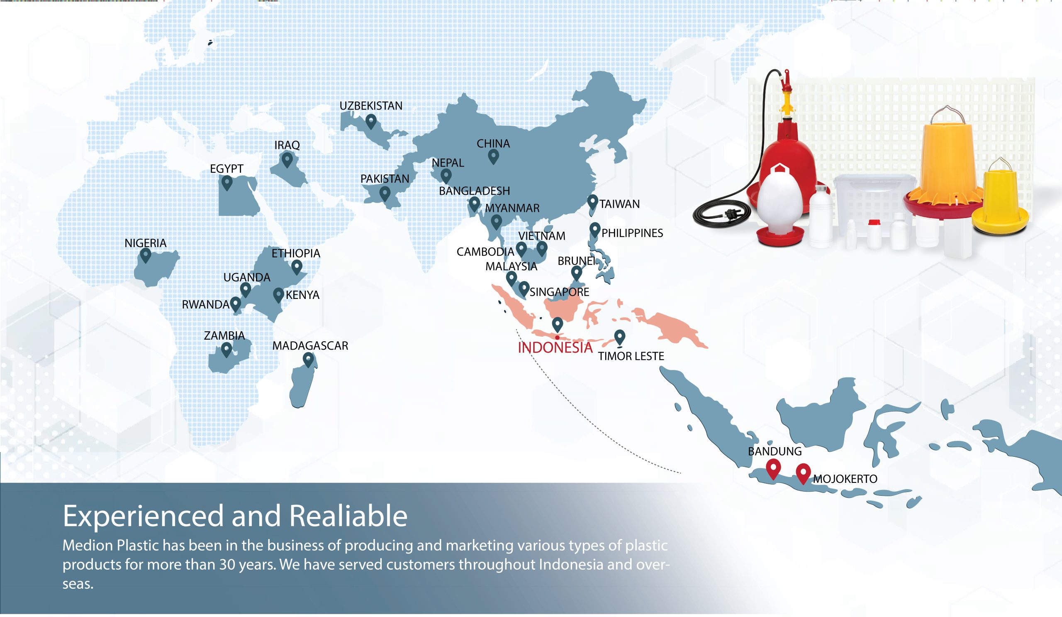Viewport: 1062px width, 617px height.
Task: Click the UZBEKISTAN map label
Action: coord(371,106)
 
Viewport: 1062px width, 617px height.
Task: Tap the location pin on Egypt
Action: coord(227,183)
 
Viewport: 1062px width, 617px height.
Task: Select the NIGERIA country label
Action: coord(145,243)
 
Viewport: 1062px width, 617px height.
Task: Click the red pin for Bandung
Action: coord(773,469)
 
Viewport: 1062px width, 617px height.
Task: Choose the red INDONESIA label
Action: coord(555,348)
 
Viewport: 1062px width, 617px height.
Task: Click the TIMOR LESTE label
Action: coord(631,356)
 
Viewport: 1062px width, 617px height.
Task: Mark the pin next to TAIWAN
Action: coord(592,203)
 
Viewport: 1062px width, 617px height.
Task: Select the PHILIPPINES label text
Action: coord(632,233)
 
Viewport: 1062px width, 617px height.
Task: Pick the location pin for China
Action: coord(494,157)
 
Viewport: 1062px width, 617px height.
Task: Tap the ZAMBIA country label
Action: coord(224,336)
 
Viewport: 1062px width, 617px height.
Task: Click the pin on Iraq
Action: coord(287,160)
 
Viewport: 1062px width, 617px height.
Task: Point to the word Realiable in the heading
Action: coord(348,516)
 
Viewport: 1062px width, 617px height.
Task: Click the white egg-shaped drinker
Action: coord(781,206)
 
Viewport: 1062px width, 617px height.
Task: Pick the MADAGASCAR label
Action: coord(310,346)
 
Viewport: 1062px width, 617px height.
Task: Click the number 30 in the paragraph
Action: coord(227,564)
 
